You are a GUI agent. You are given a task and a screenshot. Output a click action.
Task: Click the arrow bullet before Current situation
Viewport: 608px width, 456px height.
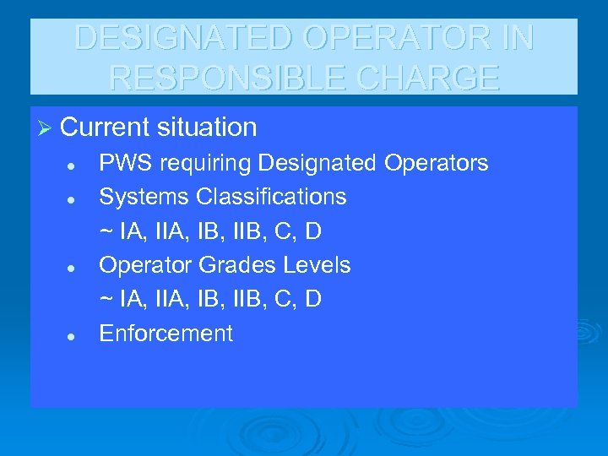tap(46, 128)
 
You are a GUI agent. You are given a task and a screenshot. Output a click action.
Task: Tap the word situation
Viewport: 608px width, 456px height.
tap(208, 128)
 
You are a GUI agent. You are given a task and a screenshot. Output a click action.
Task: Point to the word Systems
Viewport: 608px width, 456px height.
tap(144, 197)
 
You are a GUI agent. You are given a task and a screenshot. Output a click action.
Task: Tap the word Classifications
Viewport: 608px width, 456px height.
tap(271, 197)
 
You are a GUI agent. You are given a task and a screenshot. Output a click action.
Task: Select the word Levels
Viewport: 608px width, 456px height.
tap(317, 265)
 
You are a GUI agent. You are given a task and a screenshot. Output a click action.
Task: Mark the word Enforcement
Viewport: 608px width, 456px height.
tap(166, 334)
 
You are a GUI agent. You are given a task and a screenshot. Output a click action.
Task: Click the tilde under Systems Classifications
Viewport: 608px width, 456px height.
tap(106, 231)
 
